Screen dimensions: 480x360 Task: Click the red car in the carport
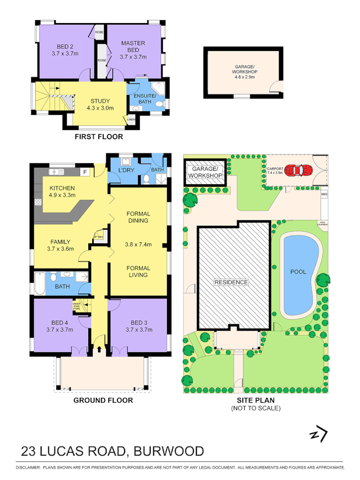click(x=298, y=170)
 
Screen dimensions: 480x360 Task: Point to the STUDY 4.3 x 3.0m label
click(x=100, y=105)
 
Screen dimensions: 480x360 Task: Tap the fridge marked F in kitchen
click(x=85, y=172)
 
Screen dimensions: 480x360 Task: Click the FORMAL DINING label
click(x=138, y=217)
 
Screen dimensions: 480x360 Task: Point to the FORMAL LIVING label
click(x=138, y=272)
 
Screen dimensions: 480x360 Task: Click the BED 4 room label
click(x=60, y=326)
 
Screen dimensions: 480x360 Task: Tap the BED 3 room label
click(x=139, y=326)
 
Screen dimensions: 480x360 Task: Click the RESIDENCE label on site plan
click(x=231, y=282)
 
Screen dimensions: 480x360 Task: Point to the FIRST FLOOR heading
click(x=98, y=137)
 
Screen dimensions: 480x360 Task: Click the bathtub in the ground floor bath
click(x=39, y=283)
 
